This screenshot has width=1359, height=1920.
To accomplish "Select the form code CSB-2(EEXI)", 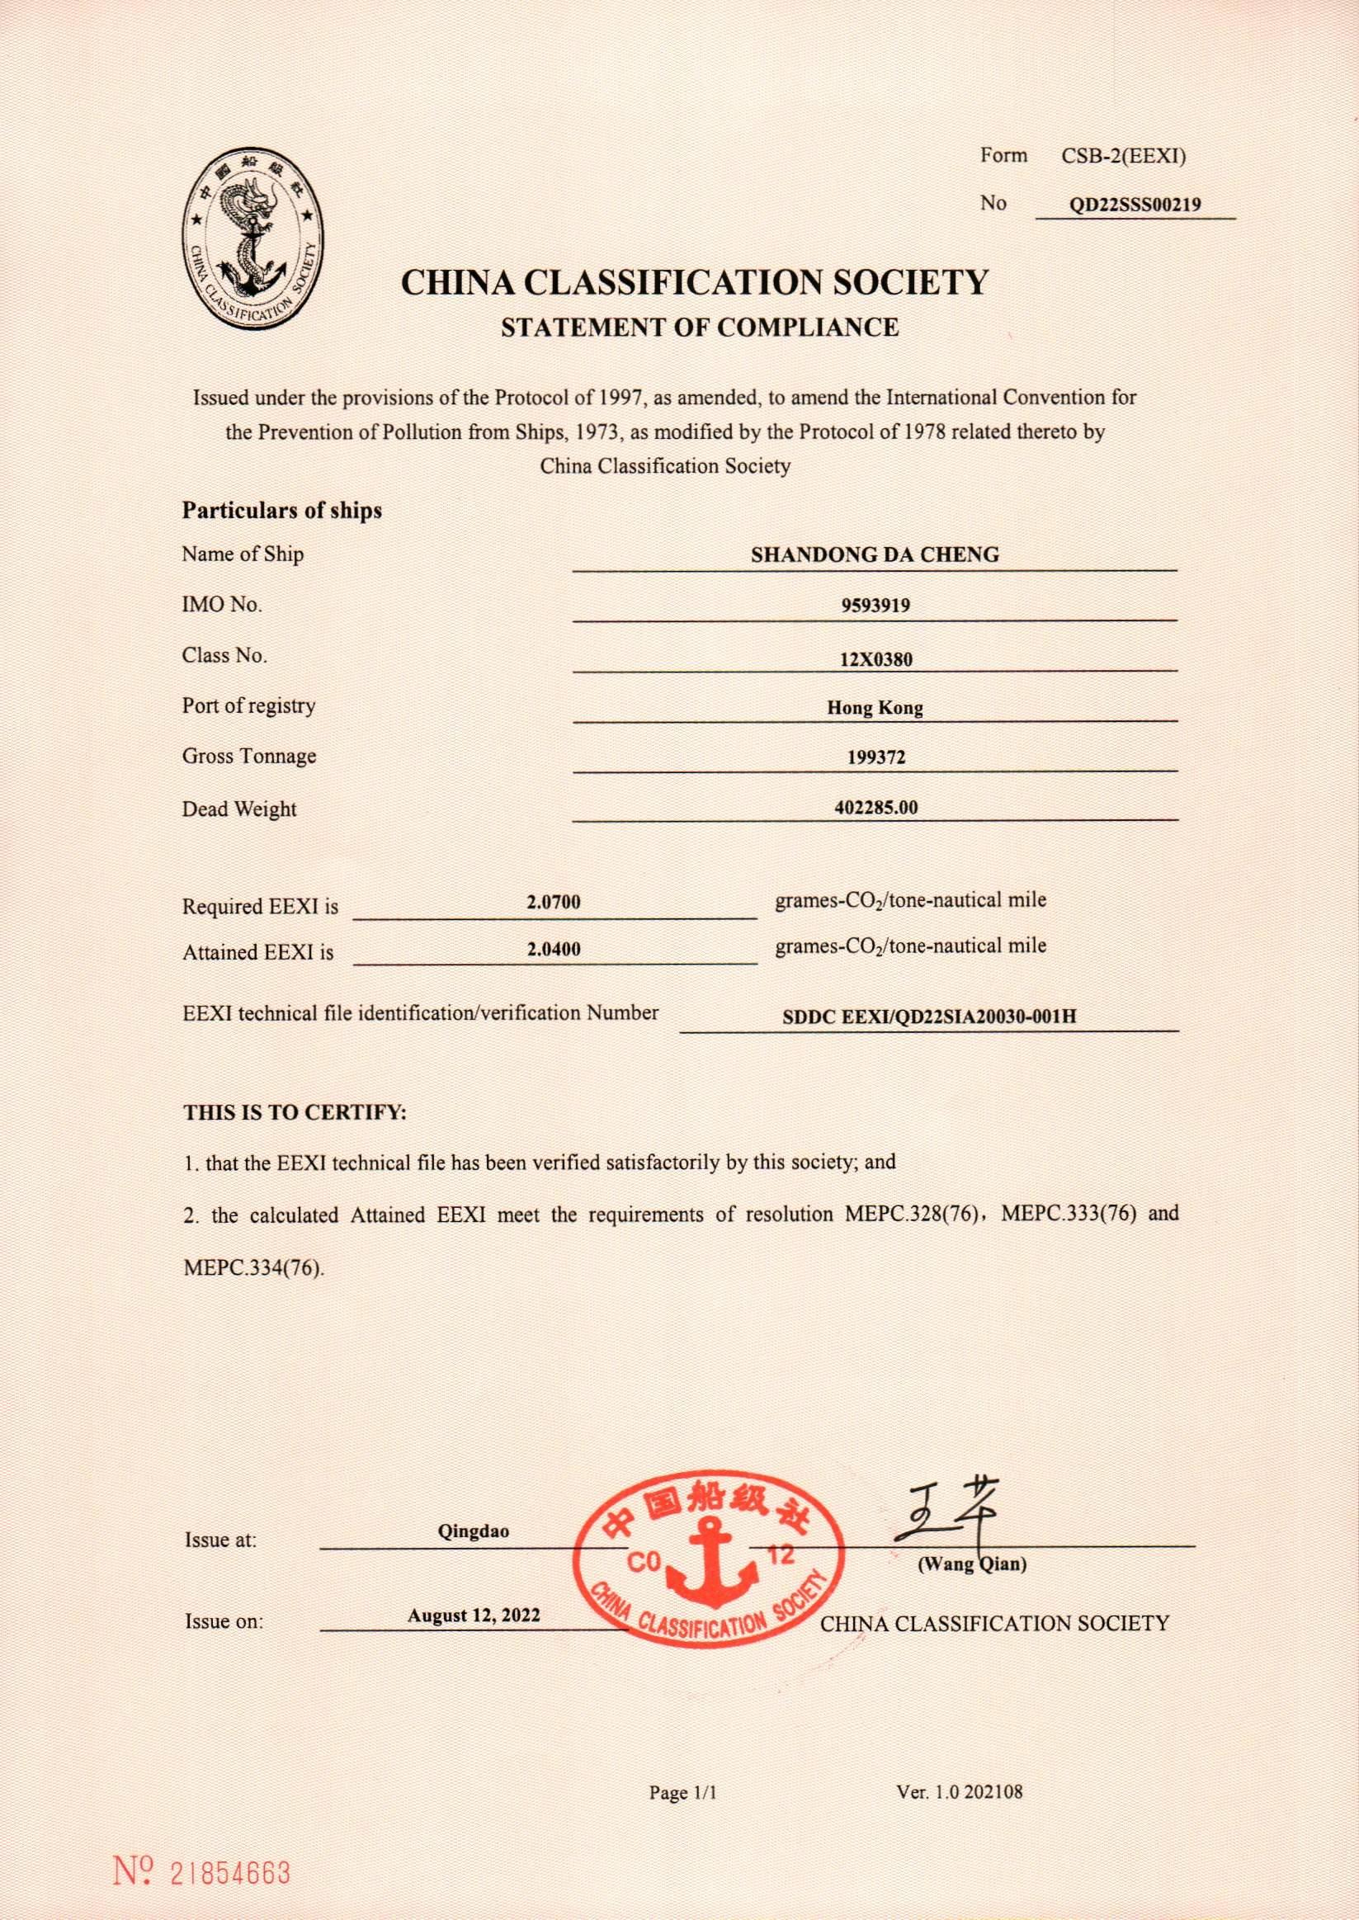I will click(x=1123, y=156).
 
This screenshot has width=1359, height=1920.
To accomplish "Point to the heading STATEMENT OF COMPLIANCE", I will click(x=700, y=327).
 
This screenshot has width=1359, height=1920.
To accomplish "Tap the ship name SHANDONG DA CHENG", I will click(x=875, y=554).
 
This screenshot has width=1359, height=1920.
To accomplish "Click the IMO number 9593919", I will click(x=875, y=606).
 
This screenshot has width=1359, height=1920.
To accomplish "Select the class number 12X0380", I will click(x=875, y=659).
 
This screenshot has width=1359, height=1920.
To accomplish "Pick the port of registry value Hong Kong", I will click(x=875, y=708).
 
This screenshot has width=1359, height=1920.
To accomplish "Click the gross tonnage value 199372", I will click(x=875, y=757).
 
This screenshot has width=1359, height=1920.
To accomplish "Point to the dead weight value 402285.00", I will click(x=875, y=807).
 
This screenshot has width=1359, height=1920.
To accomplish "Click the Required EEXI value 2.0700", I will click(x=553, y=903).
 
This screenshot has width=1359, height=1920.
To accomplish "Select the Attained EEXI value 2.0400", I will click(x=553, y=950).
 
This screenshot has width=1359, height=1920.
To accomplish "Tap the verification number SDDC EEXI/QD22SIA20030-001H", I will click(x=928, y=1017).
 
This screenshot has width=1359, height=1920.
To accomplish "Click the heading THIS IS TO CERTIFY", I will click(x=295, y=1114).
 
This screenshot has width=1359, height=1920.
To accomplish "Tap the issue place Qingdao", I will click(x=473, y=1532).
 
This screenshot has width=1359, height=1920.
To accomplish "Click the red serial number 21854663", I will click(x=230, y=1849).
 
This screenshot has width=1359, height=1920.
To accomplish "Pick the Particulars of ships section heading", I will click(x=282, y=511).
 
